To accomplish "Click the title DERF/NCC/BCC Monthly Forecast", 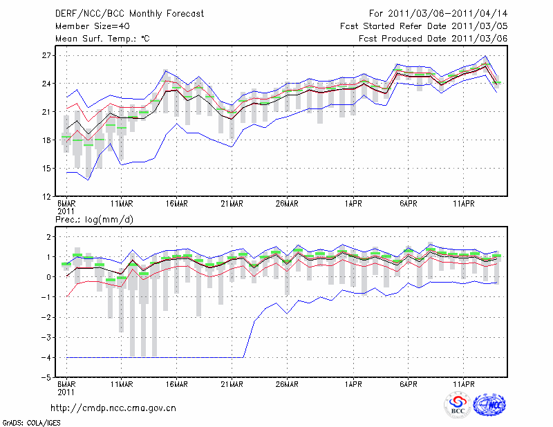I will [129, 14].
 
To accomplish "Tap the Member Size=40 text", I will [91, 26].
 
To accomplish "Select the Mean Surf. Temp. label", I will [102, 39].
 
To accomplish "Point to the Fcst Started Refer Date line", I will [424, 26].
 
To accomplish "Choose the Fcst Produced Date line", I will [433, 39].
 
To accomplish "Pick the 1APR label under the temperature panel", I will [353, 203].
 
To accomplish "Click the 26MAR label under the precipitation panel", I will [287, 384].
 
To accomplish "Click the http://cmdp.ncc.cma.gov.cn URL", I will [114, 408].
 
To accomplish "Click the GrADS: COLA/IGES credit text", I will [28, 421].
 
